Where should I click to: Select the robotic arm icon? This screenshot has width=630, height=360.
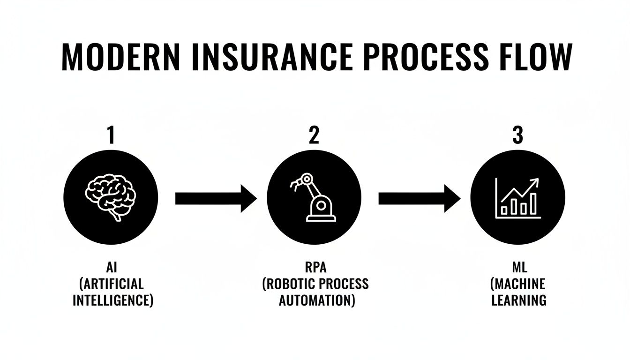(x=313, y=197)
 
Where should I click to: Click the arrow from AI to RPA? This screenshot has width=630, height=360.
(x=216, y=198)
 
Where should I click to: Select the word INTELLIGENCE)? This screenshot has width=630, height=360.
(x=113, y=300)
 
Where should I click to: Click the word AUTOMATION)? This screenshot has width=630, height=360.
(x=316, y=300)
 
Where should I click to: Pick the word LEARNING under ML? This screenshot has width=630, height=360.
(x=518, y=300)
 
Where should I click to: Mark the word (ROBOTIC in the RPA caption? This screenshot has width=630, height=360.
(x=292, y=284)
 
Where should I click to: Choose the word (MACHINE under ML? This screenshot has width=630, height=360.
(x=518, y=284)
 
